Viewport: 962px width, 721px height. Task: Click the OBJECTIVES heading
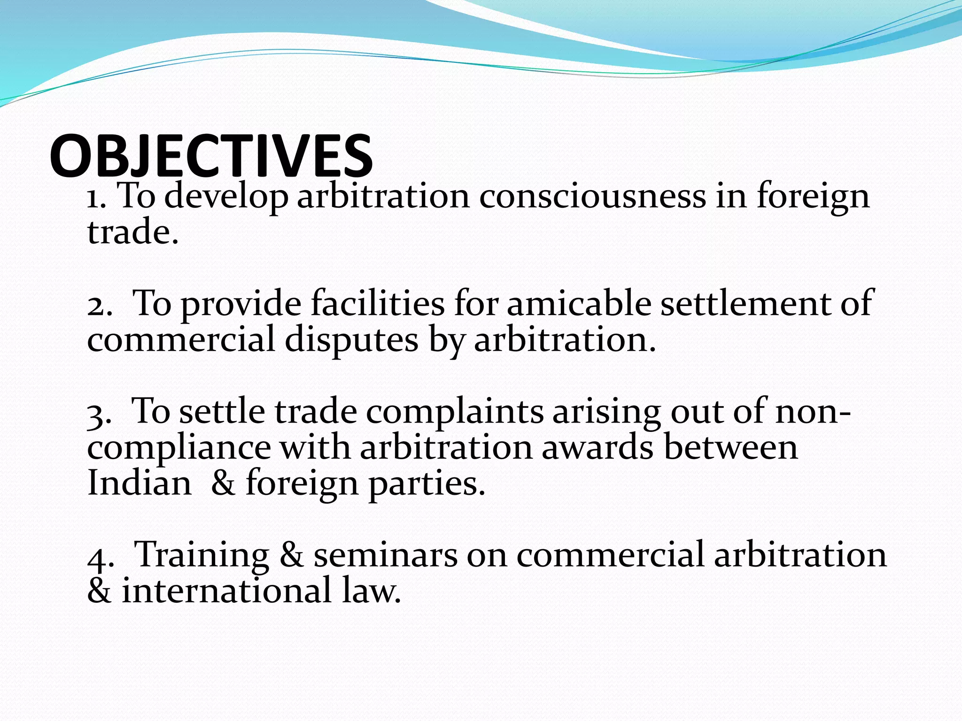pyautogui.click(x=211, y=156)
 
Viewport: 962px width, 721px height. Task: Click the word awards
pyautogui.click(x=597, y=447)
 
